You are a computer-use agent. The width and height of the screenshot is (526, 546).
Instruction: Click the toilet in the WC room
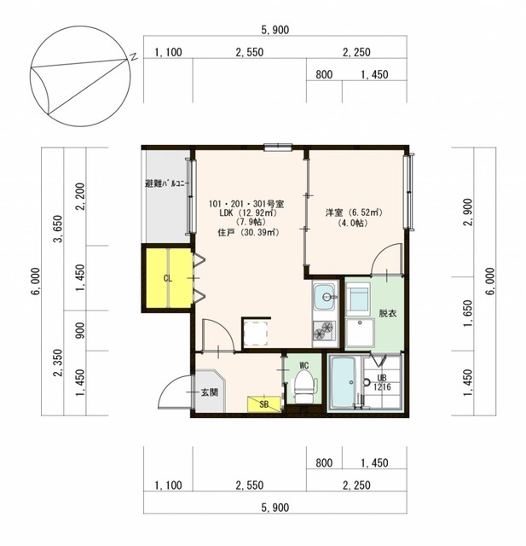click(305, 385)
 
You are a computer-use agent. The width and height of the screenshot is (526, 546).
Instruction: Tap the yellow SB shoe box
click(264, 404)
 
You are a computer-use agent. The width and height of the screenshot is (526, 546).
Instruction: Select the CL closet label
click(168, 279)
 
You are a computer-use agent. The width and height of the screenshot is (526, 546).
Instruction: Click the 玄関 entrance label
click(210, 392)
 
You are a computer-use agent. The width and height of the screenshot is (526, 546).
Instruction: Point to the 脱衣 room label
click(388, 313)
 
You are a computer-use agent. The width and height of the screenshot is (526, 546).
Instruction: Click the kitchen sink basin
click(326, 297)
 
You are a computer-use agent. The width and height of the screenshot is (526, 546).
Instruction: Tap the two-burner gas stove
click(325, 330)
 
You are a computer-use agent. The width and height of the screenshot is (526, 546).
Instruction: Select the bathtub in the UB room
click(343, 382)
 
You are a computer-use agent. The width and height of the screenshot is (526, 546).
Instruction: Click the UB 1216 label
click(382, 382)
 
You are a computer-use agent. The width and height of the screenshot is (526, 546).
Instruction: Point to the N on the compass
click(133, 57)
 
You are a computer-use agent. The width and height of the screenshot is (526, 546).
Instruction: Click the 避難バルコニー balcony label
click(166, 183)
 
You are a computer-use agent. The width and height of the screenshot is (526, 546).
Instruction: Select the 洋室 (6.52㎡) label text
click(354, 212)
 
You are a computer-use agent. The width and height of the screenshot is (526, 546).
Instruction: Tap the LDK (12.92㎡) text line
click(247, 212)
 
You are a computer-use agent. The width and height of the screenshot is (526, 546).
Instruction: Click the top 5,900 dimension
click(275, 30)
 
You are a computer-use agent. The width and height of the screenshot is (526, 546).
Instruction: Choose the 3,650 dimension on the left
click(58, 229)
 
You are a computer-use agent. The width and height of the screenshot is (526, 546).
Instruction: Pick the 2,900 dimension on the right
click(468, 212)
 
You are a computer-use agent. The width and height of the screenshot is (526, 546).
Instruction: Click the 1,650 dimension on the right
click(468, 313)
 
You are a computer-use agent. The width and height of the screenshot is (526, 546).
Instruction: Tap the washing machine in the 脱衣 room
click(360, 332)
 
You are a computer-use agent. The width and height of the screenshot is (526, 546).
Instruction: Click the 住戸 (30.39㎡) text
click(248, 232)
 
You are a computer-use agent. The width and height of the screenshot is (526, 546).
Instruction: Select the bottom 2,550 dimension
click(250, 485)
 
